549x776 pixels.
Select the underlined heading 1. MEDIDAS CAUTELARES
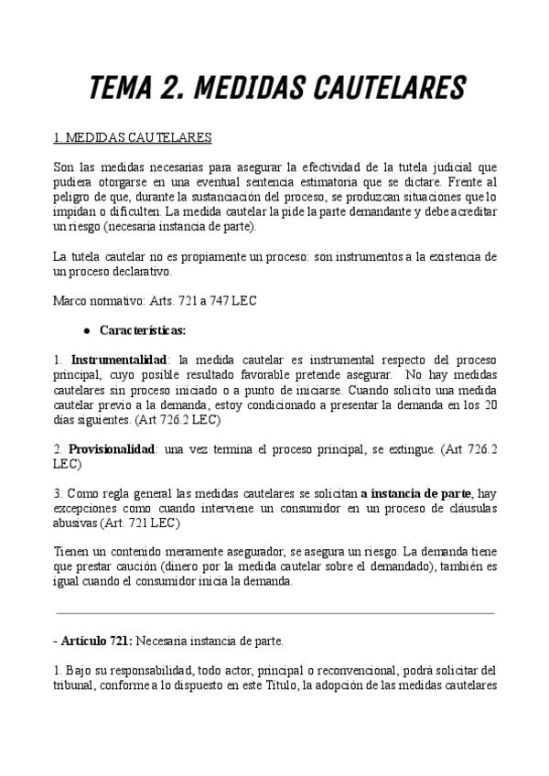133,138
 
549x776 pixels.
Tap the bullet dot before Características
86,329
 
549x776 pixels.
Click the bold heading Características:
142,329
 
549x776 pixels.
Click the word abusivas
77,523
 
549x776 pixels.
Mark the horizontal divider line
274,612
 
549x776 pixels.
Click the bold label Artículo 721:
97,641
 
